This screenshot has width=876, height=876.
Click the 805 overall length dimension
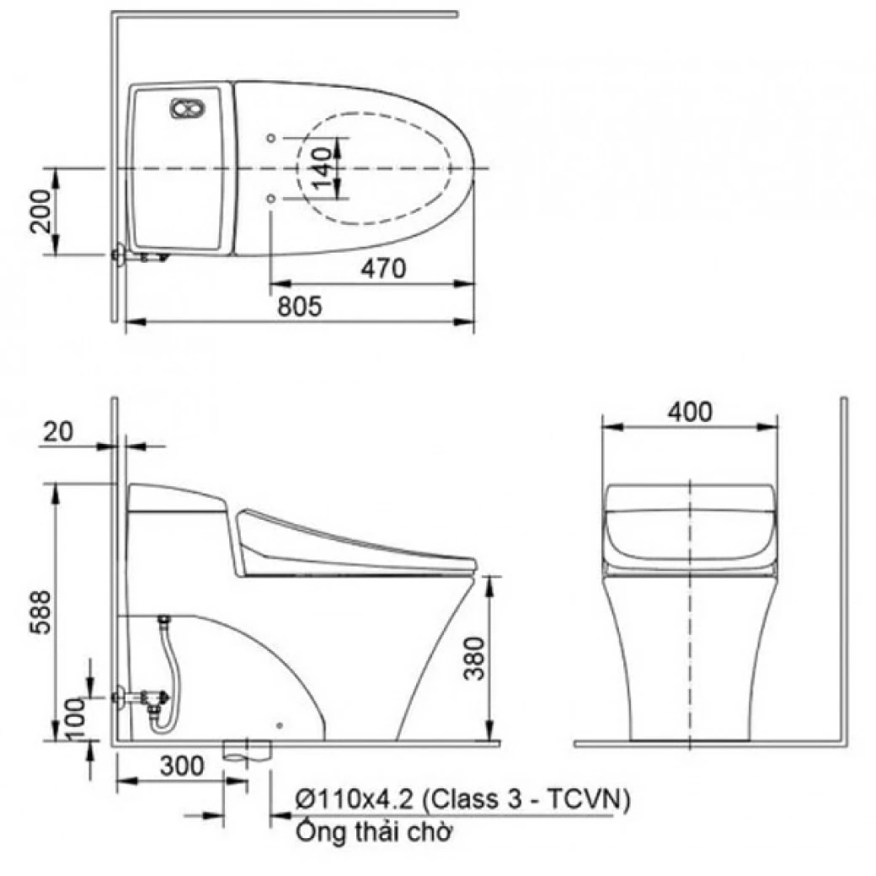tap(300, 307)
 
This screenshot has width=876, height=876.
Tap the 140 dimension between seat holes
tap(320, 168)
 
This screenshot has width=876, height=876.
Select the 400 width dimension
tap(689, 412)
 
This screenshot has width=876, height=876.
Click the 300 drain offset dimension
tap(181, 766)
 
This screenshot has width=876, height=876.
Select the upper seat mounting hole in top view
tap(270, 137)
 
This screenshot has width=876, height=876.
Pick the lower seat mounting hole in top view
tap(270, 199)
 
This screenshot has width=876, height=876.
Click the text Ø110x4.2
tap(354, 798)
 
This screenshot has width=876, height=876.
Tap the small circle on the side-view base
tap(280, 723)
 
